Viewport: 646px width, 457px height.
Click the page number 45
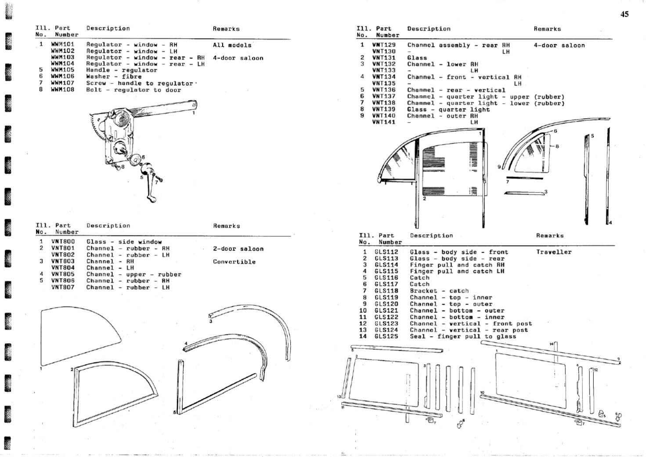(x=624, y=14)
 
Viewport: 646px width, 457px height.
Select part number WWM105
(x=62, y=70)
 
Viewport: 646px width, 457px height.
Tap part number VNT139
(x=383, y=109)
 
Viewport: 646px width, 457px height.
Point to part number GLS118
(x=386, y=291)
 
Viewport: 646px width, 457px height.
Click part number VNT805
(x=63, y=274)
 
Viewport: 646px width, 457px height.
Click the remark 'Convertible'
(x=234, y=262)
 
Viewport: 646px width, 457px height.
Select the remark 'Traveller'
(x=553, y=252)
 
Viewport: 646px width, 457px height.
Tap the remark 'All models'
(x=232, y=45)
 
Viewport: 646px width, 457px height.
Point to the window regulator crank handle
(x=149, y=185)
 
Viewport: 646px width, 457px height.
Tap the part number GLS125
(x=386, y=337)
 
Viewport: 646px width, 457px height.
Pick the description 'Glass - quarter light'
(x=448, y=109)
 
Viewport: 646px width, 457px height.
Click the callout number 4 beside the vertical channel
(x=610, y=223)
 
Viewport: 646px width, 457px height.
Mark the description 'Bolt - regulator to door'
(x=134, y=90)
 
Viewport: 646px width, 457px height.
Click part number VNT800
(x=63, y=242)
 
